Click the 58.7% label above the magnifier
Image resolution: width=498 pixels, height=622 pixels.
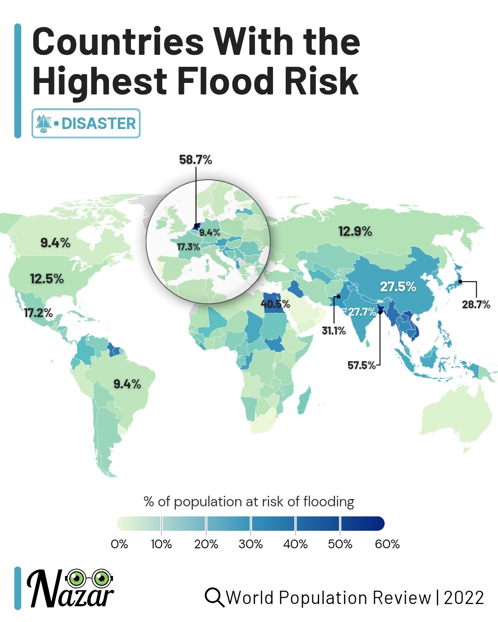click(196, 160)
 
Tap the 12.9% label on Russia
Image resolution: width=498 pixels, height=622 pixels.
click(355, 231)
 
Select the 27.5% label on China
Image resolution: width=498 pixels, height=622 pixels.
click(398, 287)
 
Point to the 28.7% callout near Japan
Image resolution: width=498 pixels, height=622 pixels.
click(476, 305)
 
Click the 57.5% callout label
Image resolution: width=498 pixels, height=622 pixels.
click(362, 365)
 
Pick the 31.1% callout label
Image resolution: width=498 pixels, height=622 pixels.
click(333, 331)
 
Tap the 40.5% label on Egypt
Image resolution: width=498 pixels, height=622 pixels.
click(275, 304)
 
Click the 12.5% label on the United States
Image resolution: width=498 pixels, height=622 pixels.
click(47, 279)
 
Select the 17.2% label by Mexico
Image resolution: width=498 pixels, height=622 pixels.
click(38, 313)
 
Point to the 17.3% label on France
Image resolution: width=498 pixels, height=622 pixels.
click(189, 247)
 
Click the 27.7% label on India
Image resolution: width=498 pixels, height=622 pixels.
click(362, 312)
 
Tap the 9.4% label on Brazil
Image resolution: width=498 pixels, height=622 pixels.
click(127, 384)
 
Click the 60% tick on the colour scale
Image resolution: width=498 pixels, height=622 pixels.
click(387, 544)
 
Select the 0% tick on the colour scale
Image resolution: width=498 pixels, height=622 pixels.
click(119, 544)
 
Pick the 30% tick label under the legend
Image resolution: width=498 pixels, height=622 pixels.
click(250, 544)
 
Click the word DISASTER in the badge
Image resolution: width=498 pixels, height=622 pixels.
click(99, 123)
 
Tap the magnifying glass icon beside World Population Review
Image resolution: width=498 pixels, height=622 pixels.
click(214, 598)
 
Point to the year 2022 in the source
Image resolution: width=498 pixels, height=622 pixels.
click(463, 598)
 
